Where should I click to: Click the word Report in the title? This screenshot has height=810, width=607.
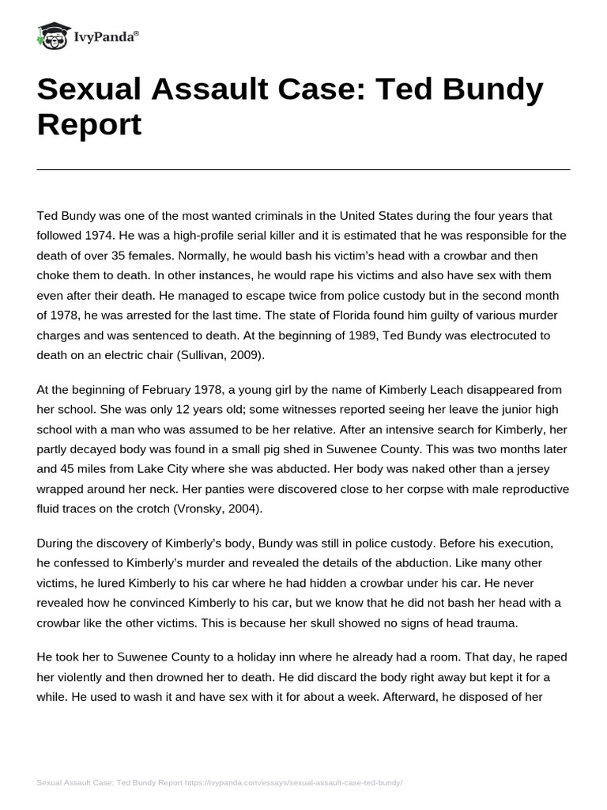(x=89, y=124)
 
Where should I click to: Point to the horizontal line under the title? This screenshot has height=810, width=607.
(x=303, y=169)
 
